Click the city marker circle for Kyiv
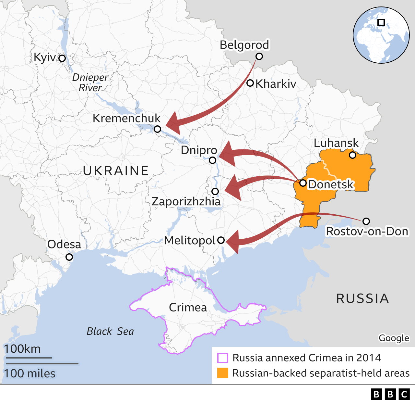click(x=62, y=58)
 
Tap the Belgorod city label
click(x=244, y=45)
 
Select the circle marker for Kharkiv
click(x=250, y=83)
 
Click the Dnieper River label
click(x=90, y=82)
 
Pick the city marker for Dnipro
click(x=212, y=160)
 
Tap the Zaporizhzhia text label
click(x=186, y=201)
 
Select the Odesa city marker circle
click(x=69, y=257)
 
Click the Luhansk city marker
click(x=352, y=155)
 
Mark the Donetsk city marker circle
click(x=303, y=183)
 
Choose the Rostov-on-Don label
click(x=367, y=232)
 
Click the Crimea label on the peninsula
click(x=188, y=307)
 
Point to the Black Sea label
click(x=110, y=331)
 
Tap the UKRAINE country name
click(x=116, y=170)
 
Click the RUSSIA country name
click(x=362, y=298)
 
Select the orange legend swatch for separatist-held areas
click(x=222, y=373)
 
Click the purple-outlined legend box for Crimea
click(x=222, y=358)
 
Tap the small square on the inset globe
click(x=381, y=22)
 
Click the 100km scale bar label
click(x=22, y=349)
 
